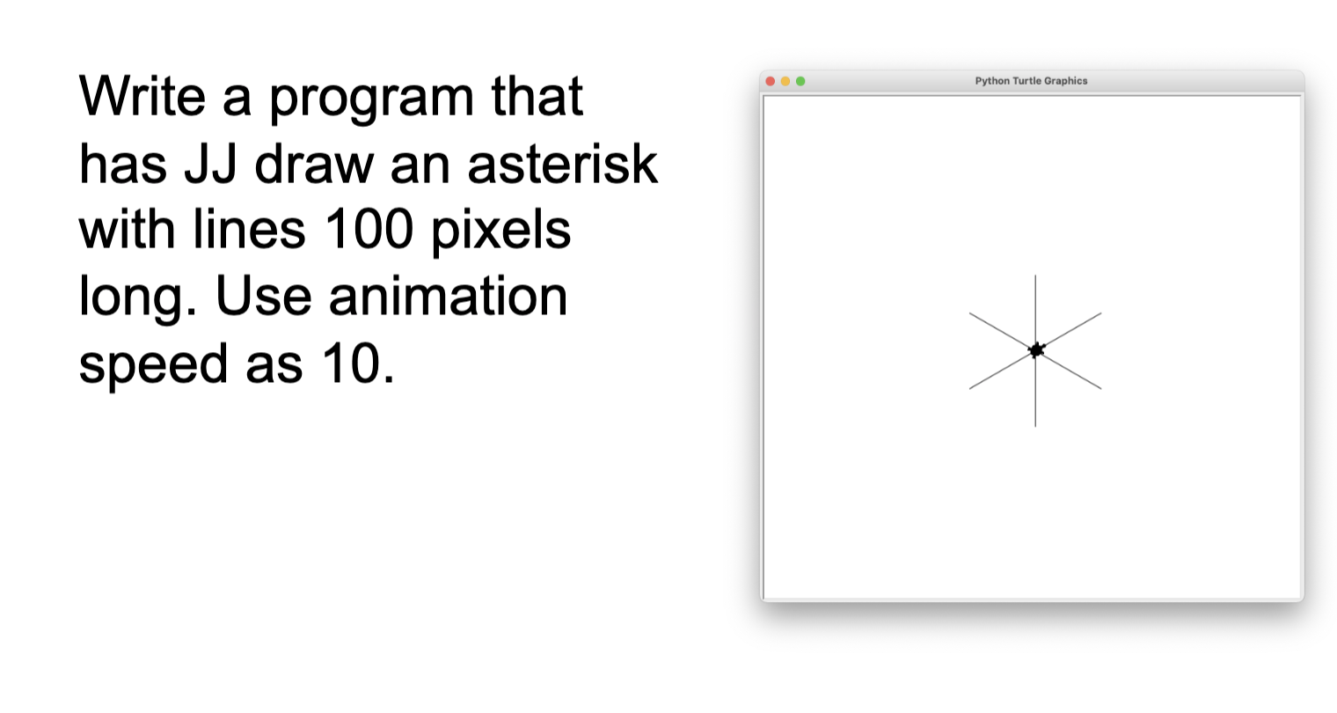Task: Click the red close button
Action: (770, 81)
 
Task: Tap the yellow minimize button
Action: (785, 81)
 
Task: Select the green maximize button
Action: (800, 81)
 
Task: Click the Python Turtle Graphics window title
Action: (1031, 81)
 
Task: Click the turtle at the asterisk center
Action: (1037, 350)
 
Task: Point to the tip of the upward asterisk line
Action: (1035, 276)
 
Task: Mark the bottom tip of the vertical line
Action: (1035, 426)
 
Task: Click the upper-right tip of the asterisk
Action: (1101, 312)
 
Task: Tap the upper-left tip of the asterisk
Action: (969, 312)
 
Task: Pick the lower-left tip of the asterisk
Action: (969, 389)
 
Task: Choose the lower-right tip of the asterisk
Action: (1101, 389)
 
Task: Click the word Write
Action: (142, 96)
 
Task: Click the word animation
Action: (448, 296)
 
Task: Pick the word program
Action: (371, 99)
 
